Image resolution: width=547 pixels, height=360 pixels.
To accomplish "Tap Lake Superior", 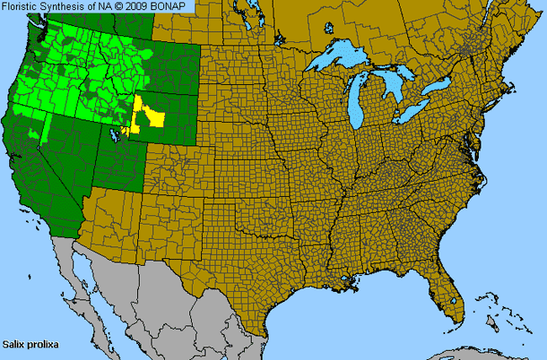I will coord(337,60).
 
